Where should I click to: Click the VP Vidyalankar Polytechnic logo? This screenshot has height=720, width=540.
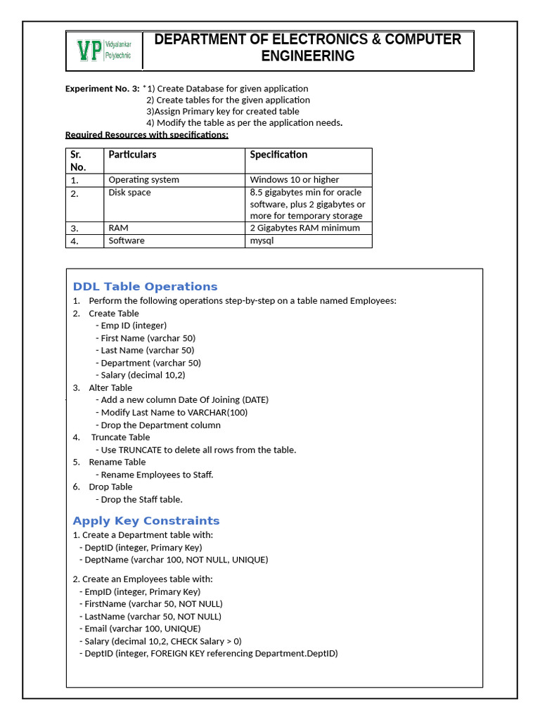tap(104, 51)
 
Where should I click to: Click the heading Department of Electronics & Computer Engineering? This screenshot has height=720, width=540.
tap(308, 48)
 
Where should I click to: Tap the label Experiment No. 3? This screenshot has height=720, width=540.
tap(102, 89)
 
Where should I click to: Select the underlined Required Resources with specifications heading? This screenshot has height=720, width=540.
tap(146, 135)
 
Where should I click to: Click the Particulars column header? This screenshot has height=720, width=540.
tap(132, 155)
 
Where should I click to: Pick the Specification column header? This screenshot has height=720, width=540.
tap(278, 155)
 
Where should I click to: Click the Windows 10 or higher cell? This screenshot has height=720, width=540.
tap(294, 180)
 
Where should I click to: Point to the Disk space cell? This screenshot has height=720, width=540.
tap(129, 193)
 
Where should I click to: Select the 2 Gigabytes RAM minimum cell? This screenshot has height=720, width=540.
tap(304, 228)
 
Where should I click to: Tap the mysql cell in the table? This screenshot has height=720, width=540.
tap(262, 240)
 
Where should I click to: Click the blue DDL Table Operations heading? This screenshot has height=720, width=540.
tap(145, 287)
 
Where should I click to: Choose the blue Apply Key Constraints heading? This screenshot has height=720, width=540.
tap(146, 521)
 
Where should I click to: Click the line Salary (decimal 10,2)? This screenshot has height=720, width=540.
tap(143, 375)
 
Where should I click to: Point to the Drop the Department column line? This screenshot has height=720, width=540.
tap(160, 425)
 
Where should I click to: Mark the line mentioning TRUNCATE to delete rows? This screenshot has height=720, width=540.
tap(198, 450)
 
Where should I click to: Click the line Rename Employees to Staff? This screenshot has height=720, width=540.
tap(157, 475)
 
